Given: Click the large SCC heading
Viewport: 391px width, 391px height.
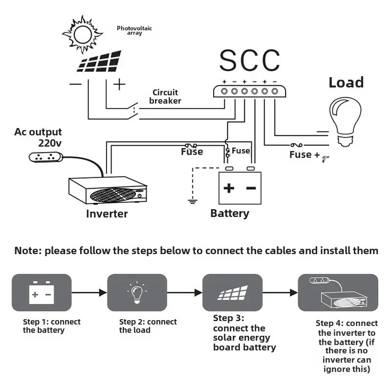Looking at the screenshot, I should (249, 61).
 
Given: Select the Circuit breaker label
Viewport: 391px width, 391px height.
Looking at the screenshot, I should (165, 97).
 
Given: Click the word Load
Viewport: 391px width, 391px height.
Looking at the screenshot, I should (346, 82).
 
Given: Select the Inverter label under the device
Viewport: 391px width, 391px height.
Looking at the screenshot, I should (107, 214).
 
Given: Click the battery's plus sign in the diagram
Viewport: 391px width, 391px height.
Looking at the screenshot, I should (229, 188).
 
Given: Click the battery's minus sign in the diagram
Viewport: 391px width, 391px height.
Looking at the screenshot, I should (251, 188).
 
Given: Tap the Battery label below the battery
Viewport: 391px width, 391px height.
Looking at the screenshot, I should (230, 213).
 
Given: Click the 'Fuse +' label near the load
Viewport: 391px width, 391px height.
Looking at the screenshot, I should (304, 154).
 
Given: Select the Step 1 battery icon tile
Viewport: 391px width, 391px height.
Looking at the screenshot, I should (42, 292).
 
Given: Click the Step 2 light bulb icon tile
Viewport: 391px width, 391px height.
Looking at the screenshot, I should (137, 292).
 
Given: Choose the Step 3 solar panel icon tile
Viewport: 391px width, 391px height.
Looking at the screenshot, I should (232, 292).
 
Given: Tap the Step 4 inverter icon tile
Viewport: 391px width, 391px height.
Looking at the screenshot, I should (338, 292).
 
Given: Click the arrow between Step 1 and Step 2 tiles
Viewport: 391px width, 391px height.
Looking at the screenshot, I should (89, 292).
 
